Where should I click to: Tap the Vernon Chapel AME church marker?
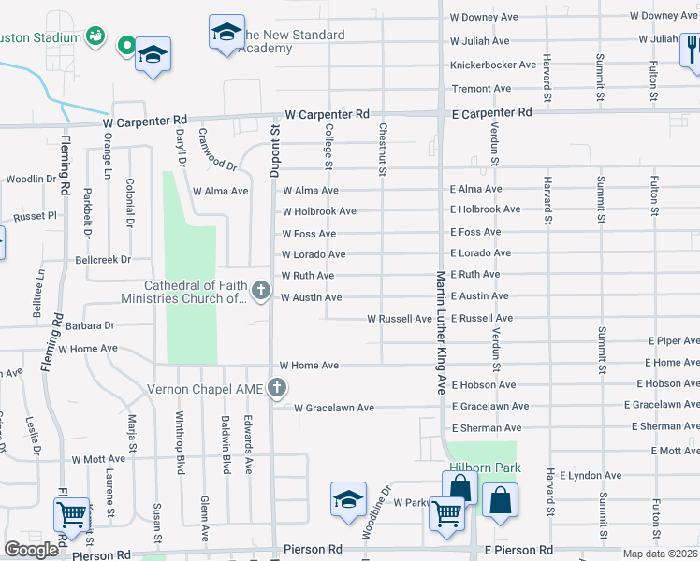276,387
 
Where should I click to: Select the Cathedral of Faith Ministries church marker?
261,294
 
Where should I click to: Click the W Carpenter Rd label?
145,122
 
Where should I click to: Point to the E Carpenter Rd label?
491,112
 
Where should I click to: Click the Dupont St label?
274,151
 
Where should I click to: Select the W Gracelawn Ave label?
334,408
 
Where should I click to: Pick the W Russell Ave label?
400,319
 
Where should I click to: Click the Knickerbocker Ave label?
493,65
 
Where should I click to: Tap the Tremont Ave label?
482,89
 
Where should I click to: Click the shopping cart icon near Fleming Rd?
72,515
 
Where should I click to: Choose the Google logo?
32,550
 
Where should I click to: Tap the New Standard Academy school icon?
226,33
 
